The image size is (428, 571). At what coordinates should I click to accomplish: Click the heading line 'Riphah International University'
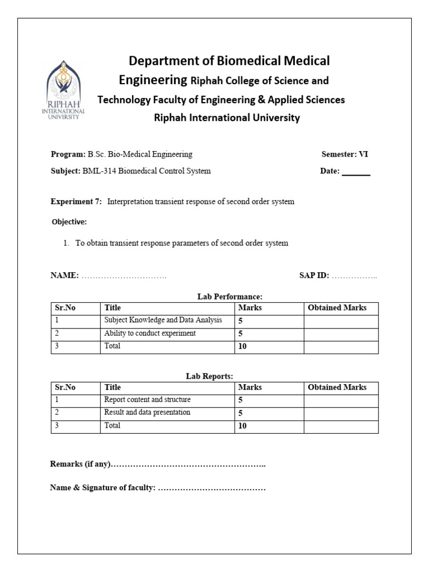(x=226, y=118)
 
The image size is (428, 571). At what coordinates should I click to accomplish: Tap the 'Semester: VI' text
(x=344, y=154)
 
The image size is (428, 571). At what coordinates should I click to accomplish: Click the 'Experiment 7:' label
(x=76, y=202)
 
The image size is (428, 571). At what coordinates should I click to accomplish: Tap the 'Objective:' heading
(x=69, y=222)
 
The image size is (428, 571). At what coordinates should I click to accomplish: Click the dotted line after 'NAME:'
(x=124, y=275)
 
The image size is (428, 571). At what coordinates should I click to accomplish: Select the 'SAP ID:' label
(x=314, y=275)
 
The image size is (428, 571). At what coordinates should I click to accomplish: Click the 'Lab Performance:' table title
(x=230, y=297)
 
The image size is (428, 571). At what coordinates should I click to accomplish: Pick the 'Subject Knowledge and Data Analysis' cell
(x=163, y=320)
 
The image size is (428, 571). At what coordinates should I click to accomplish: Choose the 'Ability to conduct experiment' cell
(x=150, y=333)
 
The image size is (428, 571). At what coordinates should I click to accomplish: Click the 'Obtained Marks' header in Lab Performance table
(x=337, y=308)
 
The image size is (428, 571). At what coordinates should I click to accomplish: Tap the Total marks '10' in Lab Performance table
(x=242, y=346)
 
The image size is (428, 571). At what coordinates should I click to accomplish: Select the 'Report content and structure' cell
(x=147, y=400)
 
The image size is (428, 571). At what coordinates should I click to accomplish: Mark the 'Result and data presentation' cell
(x=147, y=413)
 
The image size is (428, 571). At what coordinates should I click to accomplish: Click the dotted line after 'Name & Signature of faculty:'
(x=212, y=488)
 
